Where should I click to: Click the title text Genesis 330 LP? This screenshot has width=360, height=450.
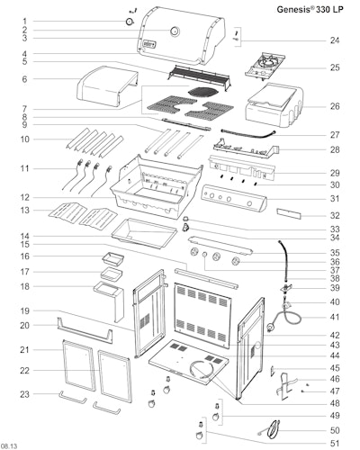coord(310,9)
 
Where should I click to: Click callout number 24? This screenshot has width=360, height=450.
coord(335,40)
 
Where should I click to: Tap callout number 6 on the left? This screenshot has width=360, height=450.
coord(24,79)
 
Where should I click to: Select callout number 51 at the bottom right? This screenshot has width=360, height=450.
coord(335,443)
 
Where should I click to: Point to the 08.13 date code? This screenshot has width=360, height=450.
coord(9,446)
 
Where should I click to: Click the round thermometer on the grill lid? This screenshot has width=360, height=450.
coord(175,31)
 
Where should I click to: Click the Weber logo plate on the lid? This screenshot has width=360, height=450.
coord(149,43)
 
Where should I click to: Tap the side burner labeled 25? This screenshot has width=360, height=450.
coord(265,67)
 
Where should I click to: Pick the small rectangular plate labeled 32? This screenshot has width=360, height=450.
coord(289,214)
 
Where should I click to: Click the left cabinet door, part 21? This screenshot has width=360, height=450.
coord(78,365)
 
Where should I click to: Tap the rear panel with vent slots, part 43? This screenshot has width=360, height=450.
coord(202,314)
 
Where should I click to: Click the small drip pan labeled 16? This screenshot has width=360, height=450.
coord(113,258)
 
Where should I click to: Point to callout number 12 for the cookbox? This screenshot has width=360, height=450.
coord(24,198)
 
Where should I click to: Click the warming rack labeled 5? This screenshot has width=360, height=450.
coord(199,76)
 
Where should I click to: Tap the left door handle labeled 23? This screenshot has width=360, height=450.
coord(74,398)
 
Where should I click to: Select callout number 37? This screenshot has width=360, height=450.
coord(335,270)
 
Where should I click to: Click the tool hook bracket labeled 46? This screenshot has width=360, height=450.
coord(285,385)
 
